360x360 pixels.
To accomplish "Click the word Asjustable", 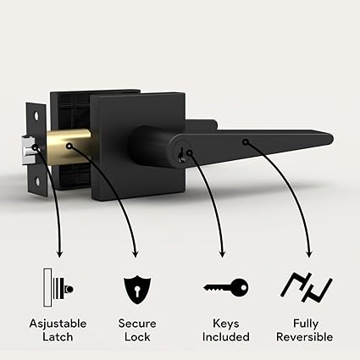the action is [x=58, y=324].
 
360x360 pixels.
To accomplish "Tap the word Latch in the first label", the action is [x=58, y=337].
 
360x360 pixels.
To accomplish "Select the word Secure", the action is [x=137, y=324].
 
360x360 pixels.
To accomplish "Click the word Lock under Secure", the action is [x=137, y=337].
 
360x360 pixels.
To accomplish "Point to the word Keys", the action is [x=226, y=324].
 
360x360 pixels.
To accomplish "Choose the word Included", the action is [x=226, y=337].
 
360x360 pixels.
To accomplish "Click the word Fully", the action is [x=306, y=324].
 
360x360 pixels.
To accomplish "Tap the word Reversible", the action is [x=305, y=337].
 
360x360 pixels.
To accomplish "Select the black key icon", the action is [x=226, y=287].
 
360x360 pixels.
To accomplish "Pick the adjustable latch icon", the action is [x=58, y=287].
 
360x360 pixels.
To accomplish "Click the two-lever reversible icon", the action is [x=307, y=287].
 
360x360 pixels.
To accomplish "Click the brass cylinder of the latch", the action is [x=69, y=147].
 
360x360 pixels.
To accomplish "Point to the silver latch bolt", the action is [x=29, y=146].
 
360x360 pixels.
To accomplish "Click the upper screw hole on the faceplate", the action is [x=37, y=116].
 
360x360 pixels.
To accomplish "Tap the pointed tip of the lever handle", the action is [x=332, y=139].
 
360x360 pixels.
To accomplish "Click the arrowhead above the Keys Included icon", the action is [x=222, y=253].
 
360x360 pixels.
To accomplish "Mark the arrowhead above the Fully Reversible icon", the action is [x=309, y=253].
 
